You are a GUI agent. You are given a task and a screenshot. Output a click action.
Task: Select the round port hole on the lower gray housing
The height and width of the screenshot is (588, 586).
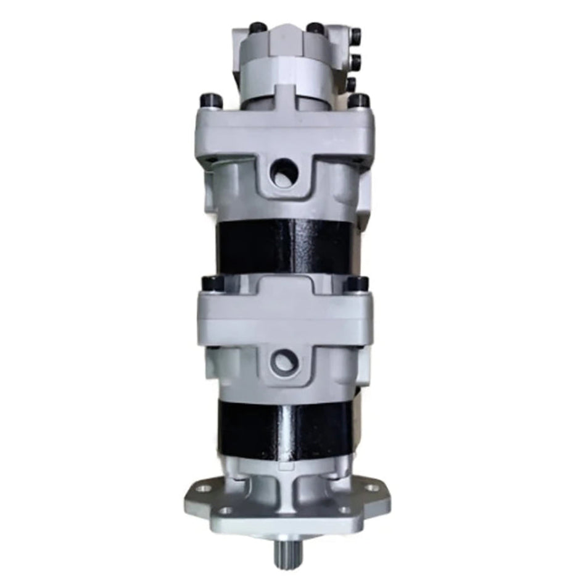coord(284,360)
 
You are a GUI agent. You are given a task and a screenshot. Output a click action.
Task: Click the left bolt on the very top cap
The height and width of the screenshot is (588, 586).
coord(258,28)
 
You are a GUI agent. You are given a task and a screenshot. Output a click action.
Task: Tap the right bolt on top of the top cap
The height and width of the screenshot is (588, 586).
coord(316,28)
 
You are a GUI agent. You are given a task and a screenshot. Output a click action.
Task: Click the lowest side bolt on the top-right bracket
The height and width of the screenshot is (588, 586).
coord(350,84)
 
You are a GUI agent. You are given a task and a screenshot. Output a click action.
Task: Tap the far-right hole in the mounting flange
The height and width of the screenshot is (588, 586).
coord(371,488)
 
